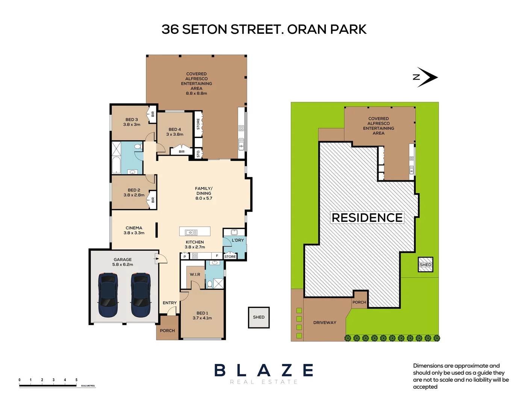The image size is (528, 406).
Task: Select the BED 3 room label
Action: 132,122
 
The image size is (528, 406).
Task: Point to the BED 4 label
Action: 175,132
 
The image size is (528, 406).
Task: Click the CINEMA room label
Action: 134,230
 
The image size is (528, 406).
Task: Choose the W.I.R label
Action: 195,274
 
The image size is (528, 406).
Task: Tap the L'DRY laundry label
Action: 238,240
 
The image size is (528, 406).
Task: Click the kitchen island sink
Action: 191,232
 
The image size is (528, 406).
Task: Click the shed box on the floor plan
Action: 259,317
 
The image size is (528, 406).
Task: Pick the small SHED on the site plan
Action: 425,265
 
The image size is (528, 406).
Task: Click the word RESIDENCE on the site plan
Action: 367,218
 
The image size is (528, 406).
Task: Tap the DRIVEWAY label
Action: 325,323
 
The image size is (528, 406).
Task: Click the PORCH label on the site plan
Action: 359,302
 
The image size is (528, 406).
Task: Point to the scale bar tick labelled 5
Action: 76,380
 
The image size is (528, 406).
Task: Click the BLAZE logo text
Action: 264,370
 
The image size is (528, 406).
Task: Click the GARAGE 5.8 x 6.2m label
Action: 123,262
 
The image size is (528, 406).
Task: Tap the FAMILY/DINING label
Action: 204,193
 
